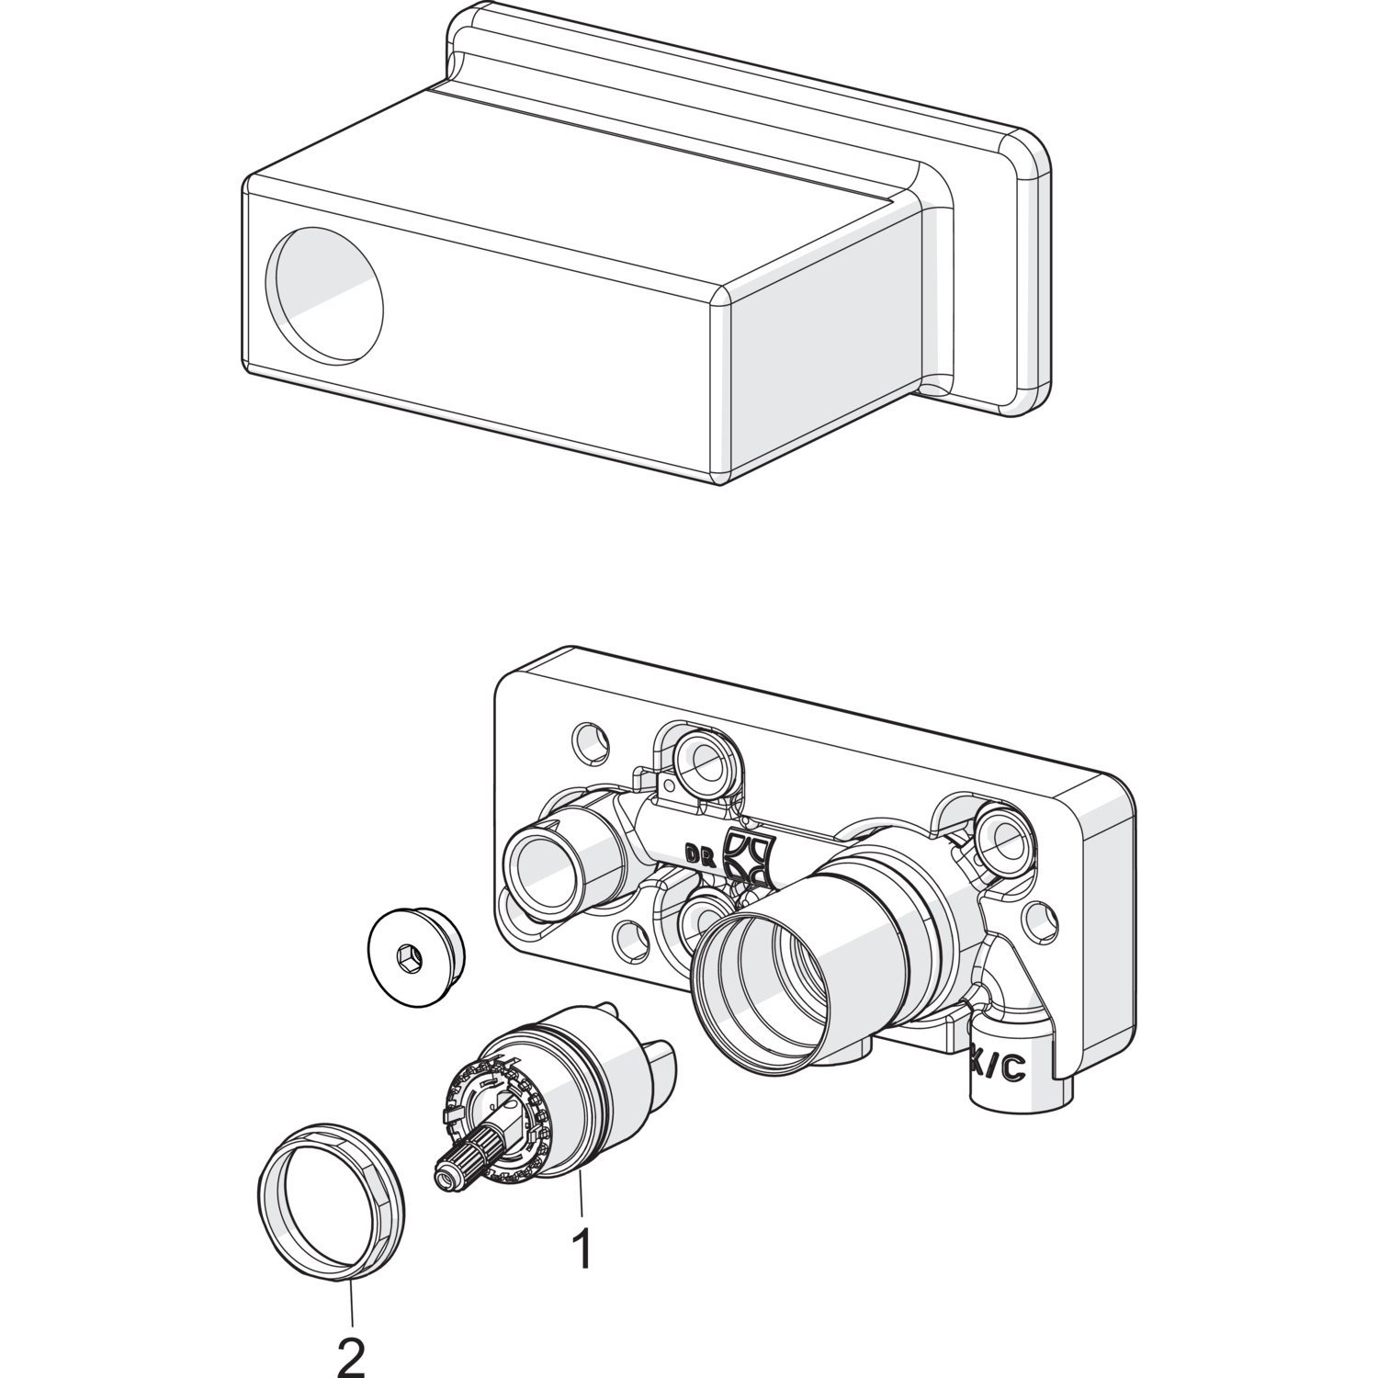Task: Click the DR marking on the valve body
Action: (699, 852)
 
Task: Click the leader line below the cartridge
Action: (580, 1199)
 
